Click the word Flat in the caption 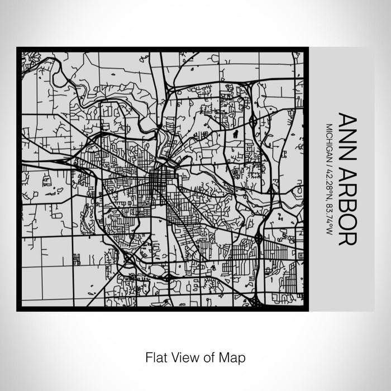pos(156,356)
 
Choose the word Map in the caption pos(235,356)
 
